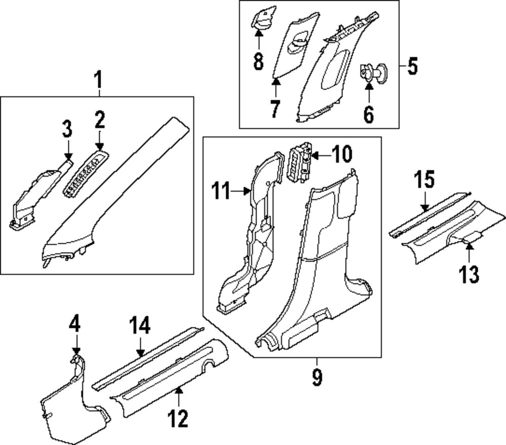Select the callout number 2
pyautogui.click(x=99, y=120)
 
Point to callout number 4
pyautogui.click(x=75, y=323)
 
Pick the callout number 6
pyautogui.click(x=368, y=115)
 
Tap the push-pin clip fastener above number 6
pyautogui.click(x=372, y=72)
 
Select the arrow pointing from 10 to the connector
pyautogui.click(x=319, y=155)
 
